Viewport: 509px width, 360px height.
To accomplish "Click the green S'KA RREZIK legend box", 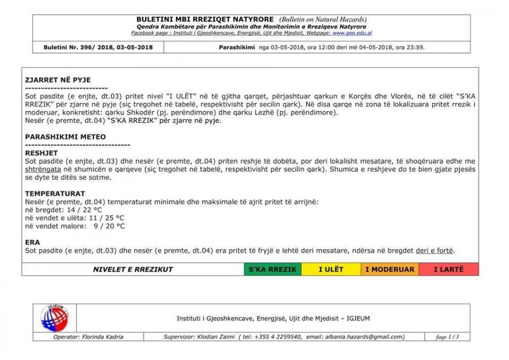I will point(272,270).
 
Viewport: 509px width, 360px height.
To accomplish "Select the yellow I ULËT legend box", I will point(331,270).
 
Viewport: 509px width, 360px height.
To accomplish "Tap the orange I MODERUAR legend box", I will point(390,270).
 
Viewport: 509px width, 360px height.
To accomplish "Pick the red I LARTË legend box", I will point(448,270).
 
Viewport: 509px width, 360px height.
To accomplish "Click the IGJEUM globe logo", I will point(54,318).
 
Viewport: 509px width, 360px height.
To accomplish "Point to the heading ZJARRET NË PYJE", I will point(58,80).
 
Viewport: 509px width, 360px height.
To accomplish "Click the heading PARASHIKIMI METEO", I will point(66,137).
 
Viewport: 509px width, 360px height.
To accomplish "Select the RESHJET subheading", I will point(42,153).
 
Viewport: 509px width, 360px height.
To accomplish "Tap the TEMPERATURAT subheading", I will point(55,193).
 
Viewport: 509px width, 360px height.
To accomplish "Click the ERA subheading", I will point(32,242).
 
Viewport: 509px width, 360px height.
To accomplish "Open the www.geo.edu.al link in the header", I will point(352,33).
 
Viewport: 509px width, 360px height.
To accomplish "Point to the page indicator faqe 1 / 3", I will point(447,337).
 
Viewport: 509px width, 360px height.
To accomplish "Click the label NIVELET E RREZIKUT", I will point(133,270).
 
